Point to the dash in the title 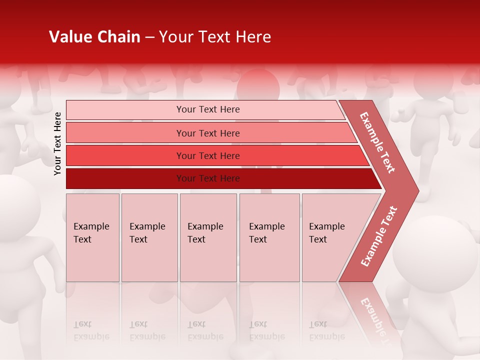click(149, 37)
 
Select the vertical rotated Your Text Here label click(57, 143)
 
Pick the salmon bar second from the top click(208, 133)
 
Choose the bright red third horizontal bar click(208, 155)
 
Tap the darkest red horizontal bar click(208, 178)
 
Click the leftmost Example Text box click(92, 237)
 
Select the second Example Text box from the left click(149, 237)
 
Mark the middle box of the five click(208, 237)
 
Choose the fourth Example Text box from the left click(269, 237)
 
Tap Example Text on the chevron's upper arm click(377, 142)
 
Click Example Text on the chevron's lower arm click(378, 236)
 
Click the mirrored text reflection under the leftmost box click(91, 330)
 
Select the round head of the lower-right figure click(435, 252)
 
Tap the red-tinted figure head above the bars click(257, 85)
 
